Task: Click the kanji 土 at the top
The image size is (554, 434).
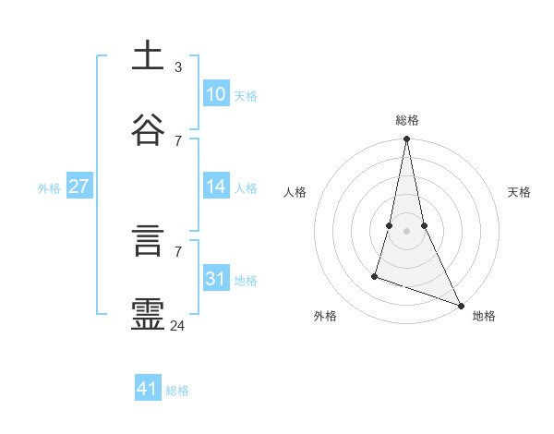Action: pos(148,56)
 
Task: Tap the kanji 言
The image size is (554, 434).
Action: pos(148,243)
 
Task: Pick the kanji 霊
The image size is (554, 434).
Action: pos(148,314)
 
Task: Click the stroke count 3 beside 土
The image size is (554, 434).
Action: pos(178,67)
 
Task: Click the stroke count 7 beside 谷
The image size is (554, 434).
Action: pos(178,140)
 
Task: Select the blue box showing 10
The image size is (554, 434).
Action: pos(216,94)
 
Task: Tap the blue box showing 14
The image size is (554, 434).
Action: pos(216,187)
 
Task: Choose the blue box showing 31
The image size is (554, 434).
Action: pos(216,279)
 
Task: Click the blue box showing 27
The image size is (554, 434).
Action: pos(78,187)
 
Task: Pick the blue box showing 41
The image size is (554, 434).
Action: pos(148,389)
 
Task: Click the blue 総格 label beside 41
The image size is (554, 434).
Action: pos(177,391)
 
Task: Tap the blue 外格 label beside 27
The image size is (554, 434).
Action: pos(49,188)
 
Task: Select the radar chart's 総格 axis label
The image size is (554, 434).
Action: pos(407,120)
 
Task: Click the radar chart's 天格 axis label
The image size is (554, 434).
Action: pos(519,192)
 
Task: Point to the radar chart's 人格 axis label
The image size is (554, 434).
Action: pos(295,192)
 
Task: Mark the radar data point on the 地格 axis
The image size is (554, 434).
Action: pos(460,305)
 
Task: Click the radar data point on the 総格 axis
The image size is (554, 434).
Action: pos(406,139)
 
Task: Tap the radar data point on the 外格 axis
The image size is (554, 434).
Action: pos(375,275)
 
